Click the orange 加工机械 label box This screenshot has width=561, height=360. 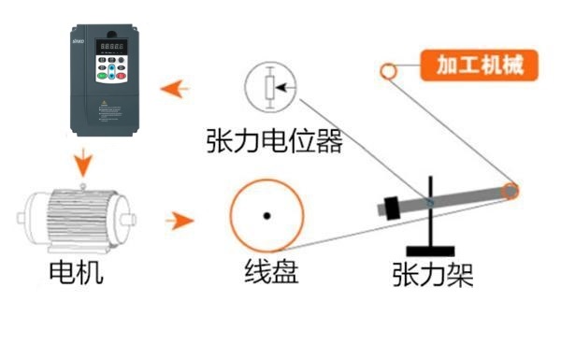477,65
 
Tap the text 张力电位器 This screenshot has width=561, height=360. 274,142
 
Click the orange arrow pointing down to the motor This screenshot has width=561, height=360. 84,163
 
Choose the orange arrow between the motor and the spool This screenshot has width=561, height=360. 178,221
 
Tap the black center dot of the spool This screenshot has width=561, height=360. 266,216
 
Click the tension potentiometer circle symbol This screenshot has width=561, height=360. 272,90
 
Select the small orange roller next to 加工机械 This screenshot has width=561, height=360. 388,70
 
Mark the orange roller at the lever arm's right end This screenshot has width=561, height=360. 510,192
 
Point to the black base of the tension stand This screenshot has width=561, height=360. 431,251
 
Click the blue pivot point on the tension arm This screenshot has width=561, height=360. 430,200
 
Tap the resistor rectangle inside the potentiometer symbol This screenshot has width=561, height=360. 271,90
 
